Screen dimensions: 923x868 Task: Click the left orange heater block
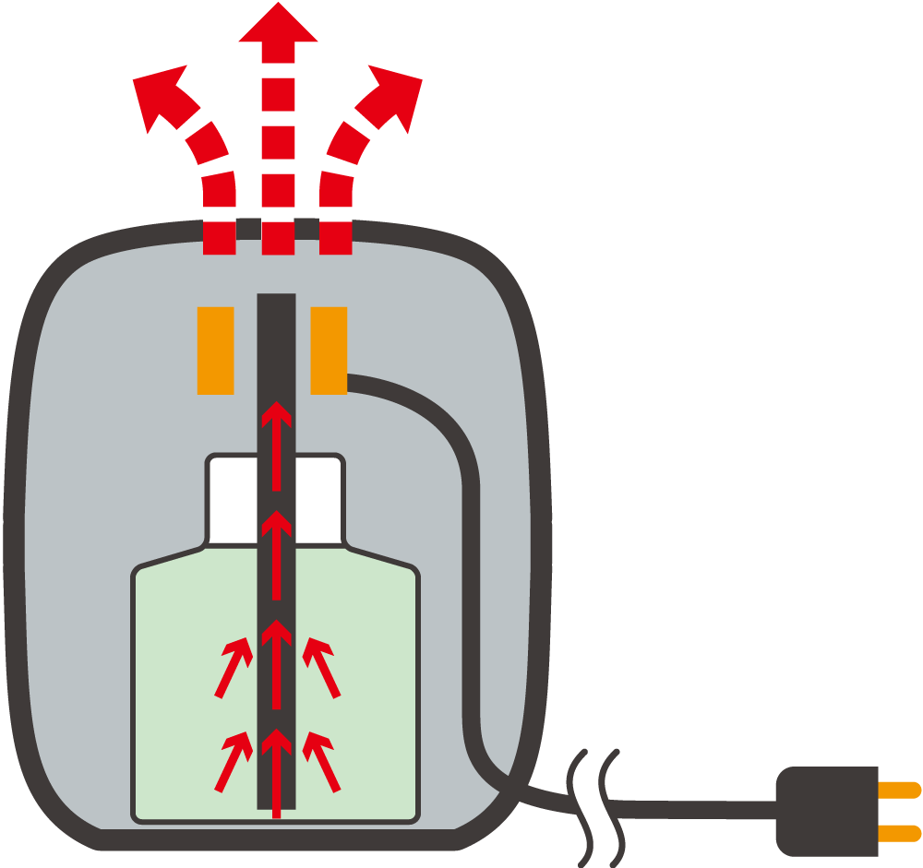coord(215,351)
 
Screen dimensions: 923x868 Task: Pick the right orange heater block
coord(329,351)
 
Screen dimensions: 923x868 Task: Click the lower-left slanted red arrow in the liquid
coord(234,761)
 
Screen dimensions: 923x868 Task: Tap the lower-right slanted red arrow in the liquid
coord(321,761)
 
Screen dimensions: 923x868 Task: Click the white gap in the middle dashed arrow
coord(278,215)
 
